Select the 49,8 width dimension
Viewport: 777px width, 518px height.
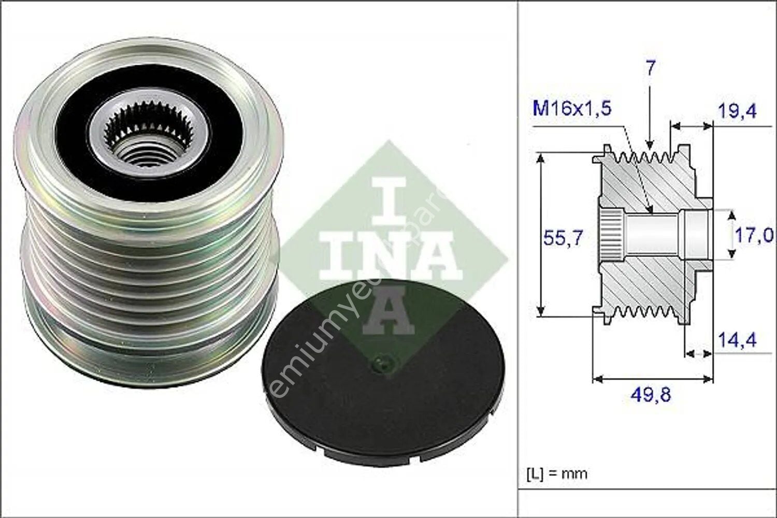click(651, 395)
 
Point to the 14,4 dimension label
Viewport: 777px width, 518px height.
click(737, 340)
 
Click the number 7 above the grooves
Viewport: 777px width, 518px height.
click(651, 68)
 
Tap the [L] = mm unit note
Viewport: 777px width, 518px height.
click(557, 473)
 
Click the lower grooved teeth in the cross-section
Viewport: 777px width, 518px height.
click(642, 312)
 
